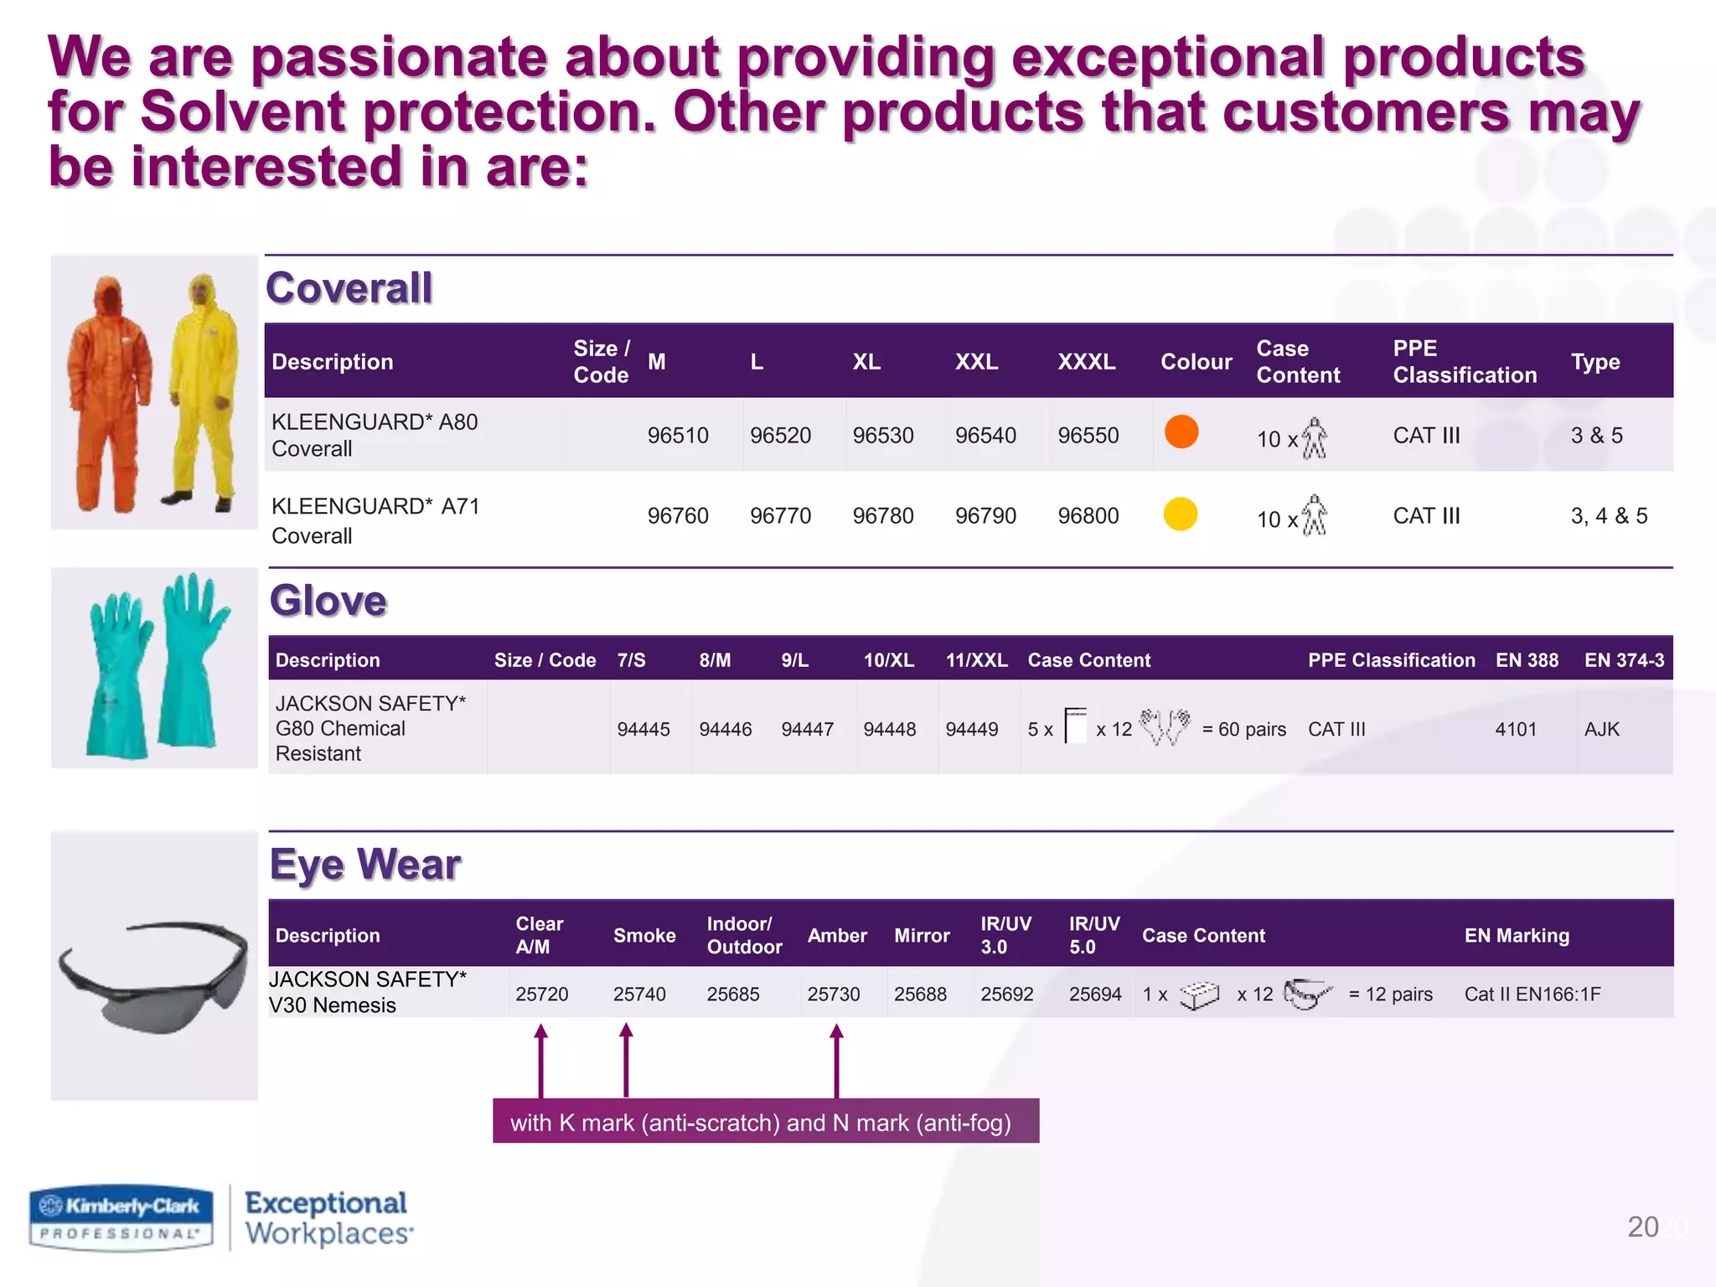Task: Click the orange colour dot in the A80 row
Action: [x=1181, y=432]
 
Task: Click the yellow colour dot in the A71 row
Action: [x=1181, y=514]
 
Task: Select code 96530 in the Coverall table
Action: [x=882, y=436]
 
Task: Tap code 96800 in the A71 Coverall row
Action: [x=1088, y=516]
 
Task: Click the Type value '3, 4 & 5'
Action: [x=1608, y=516]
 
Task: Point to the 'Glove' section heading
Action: [x=328, y=601]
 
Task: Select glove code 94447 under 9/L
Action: [x=807, y=730]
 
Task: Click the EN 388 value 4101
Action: [x=1516, y=730]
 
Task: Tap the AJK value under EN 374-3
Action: [x=1601, y=730]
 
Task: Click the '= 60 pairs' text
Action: [x=1243, y=730]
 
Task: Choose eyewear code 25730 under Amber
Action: [x=833, y=995]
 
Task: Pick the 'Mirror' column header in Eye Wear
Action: [x=922, y=936]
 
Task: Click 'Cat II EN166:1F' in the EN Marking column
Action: [x=1532, y=995]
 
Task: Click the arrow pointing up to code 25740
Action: [x=626, y=1059]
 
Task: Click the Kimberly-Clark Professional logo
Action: [x=122, y=1218]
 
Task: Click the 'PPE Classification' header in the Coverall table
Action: [x=1464, y=362]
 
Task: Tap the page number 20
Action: [x=1642, y=1228]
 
